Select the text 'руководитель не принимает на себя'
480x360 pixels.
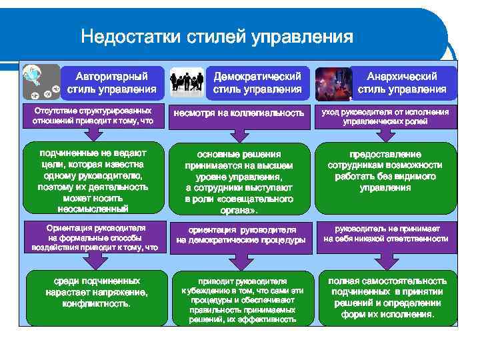click(x=385, y=233)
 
